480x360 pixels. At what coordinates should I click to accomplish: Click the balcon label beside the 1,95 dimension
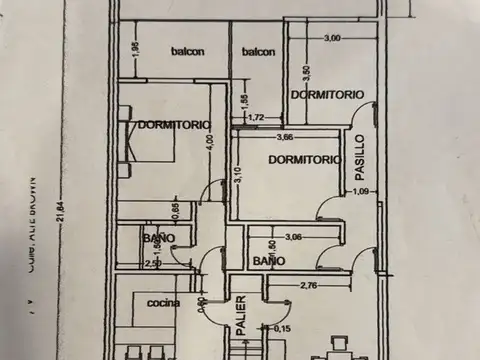(x=188, y=51)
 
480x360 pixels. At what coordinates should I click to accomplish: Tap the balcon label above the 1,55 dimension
(x=258, y=51)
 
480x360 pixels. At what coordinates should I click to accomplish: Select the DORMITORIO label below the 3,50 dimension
(x=325, y=94)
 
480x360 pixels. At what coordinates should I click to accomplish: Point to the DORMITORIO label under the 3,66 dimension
(x=300, y=159)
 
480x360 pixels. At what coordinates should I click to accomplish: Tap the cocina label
(x=162, y=303)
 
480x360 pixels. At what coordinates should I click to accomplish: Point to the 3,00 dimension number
(x=332, y=38)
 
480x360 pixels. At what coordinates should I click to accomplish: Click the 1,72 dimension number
(x=255, y=118)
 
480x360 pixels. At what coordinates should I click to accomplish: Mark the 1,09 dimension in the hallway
(x=362, y=191)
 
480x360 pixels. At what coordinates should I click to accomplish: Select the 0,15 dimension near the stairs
(x=282, y=328)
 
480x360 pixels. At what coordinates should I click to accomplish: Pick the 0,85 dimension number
(x=176, y=211)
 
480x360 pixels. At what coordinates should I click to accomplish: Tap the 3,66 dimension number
(x=285, y=137)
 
